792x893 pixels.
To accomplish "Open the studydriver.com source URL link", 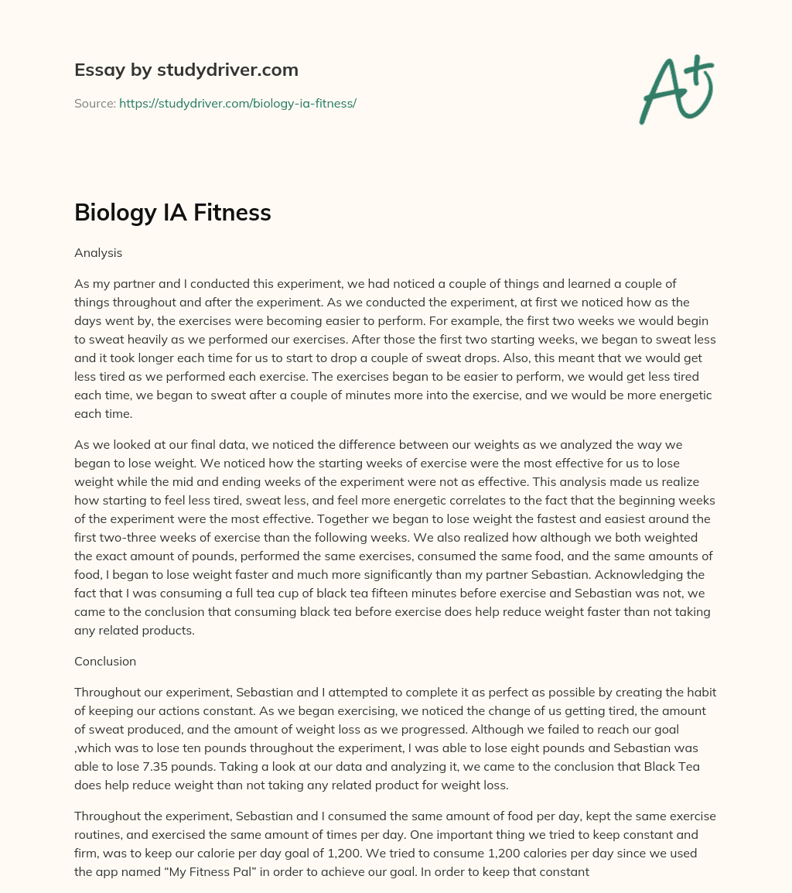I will point(237,103).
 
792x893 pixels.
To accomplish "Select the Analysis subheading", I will point(97,252).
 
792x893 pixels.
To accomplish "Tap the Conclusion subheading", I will point(105,661).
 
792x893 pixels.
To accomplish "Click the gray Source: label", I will point(94,103).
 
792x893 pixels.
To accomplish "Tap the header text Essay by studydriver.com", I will point(186,70).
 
